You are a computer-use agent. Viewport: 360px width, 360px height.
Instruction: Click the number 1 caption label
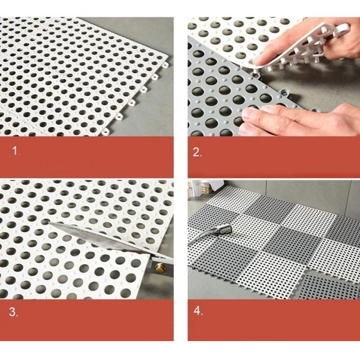(x=16, y=151)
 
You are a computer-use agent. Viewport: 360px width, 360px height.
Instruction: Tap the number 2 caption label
(x=197, y=152)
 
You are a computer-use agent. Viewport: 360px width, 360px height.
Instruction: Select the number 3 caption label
(x=13, y=312)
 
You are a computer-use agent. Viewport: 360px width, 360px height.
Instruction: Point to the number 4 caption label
(x=198, y=311)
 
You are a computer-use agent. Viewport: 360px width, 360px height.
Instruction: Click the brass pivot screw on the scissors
(x=159, y=267)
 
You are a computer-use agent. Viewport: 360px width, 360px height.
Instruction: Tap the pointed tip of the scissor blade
(x=49, y=223)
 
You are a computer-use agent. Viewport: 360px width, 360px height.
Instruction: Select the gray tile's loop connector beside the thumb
(x=285, y=92)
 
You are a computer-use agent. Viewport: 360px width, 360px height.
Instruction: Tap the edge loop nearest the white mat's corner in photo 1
(x=165, y=65)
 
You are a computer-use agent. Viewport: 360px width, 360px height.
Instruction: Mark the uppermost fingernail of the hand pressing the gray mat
(x=249, y=112)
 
